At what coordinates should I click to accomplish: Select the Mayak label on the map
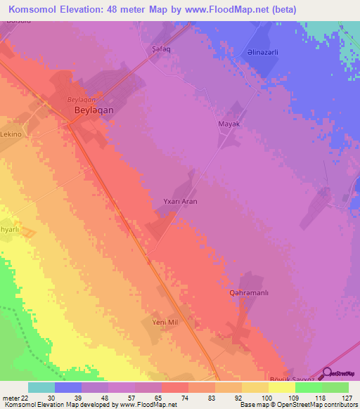(229, 124)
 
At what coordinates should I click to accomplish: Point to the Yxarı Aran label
(180, 202)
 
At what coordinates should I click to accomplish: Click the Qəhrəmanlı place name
(250, 292)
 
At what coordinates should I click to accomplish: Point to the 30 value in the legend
(51, 397)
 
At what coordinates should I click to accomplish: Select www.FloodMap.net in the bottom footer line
(147, 405)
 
